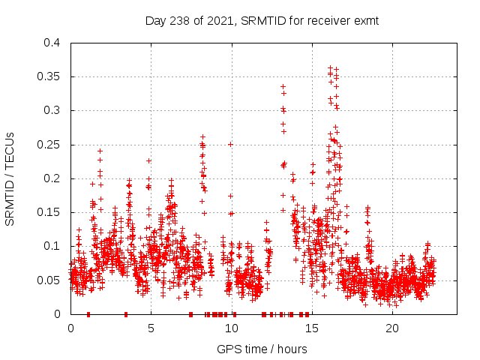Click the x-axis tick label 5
[151, 328]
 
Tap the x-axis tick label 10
[231, 328]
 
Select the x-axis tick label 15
[311, 328]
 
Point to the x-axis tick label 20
[391, 328]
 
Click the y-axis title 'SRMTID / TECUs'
[10, 178]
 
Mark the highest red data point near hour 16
[331, 67]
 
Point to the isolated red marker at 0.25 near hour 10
[230, 144]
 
